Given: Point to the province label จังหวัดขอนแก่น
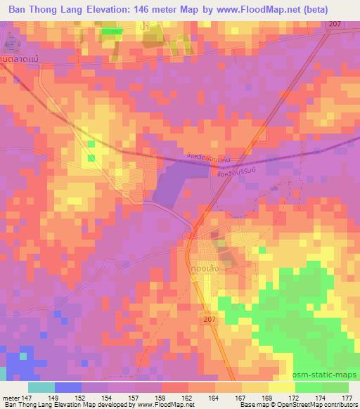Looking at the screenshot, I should [209, 160].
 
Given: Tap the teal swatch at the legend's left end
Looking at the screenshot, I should [41, 387].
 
